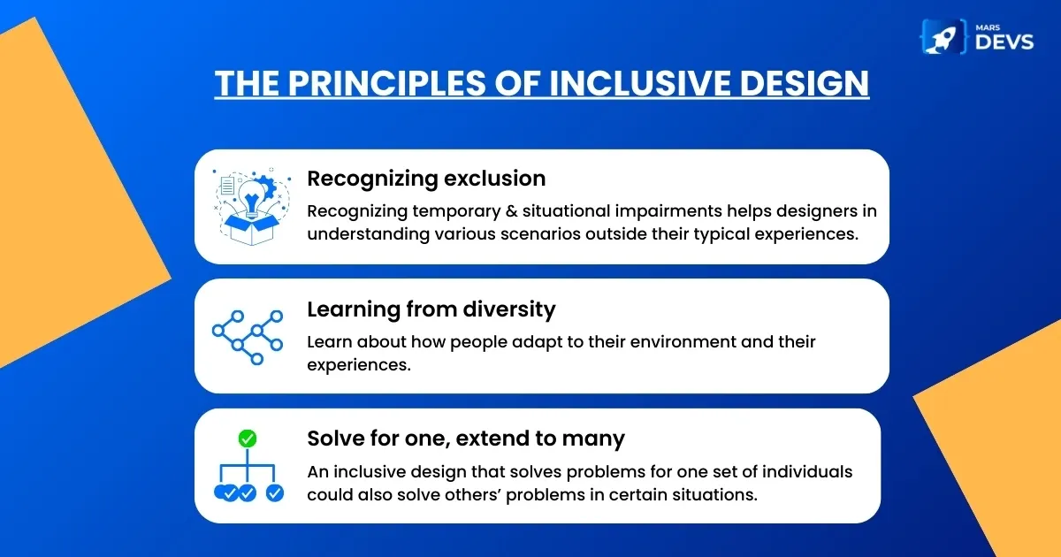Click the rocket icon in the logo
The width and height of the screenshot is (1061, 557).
[943, 37]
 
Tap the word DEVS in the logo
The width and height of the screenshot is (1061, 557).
[1004, 42]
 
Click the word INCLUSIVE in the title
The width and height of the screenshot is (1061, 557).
[640, 83]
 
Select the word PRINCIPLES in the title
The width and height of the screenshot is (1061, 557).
[387, 83]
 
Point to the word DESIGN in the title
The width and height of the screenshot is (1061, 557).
[805, 83]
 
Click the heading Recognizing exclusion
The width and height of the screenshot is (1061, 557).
[426, 179]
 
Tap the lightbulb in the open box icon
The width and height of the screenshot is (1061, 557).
[251, 199]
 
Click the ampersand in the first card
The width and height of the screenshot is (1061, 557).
[512, 211]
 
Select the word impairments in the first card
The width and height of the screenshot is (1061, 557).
[668, 211]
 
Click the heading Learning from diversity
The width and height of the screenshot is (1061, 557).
[431, 309]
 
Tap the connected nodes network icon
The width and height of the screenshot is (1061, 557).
[248, 337]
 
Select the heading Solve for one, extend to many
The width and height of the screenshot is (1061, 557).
[466, 439]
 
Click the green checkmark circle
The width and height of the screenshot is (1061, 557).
[248, 439]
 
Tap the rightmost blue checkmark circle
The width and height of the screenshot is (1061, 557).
[275, 493]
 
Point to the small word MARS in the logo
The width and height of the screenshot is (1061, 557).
[988, 27]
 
